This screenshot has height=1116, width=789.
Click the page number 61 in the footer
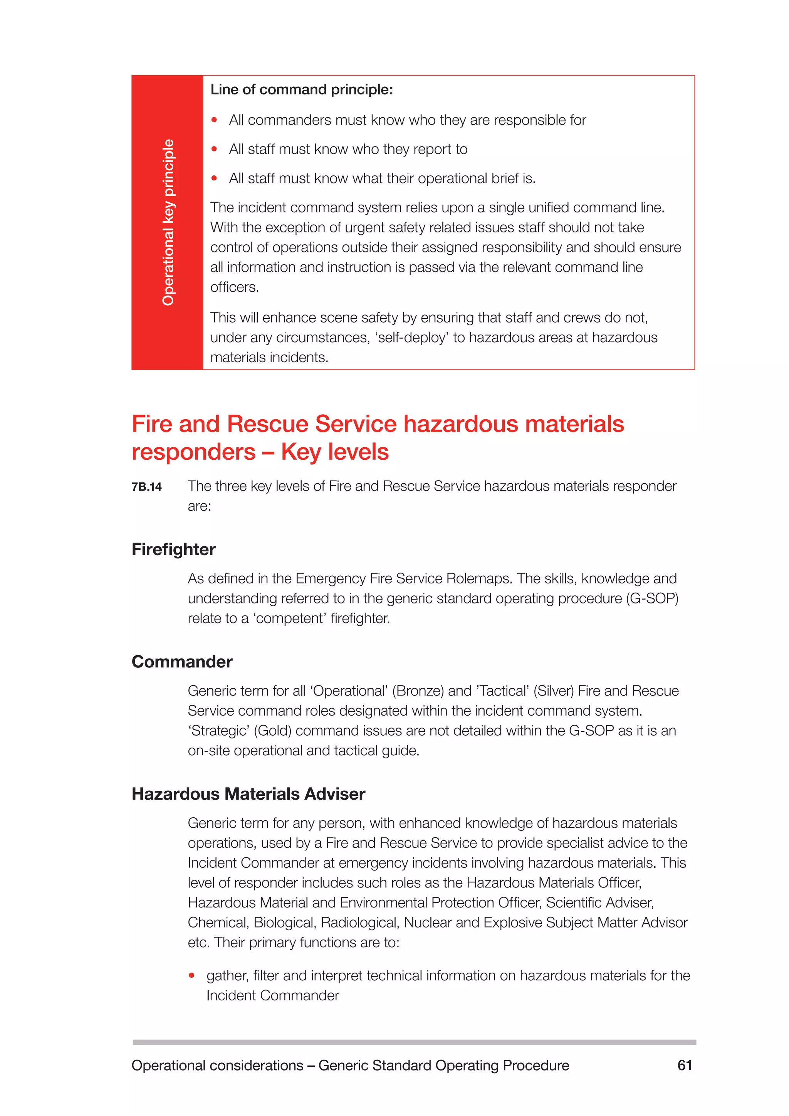coord(684,1065)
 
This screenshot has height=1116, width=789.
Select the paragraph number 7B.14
coord(147,487)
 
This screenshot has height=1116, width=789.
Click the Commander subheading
coord(182,662)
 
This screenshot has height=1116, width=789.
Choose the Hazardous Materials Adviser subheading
coord(248,794)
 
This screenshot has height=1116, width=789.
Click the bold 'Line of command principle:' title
coord(302,89)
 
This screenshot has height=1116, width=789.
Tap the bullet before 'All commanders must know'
coord(214,120)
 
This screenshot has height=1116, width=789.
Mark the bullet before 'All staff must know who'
coord(214,149)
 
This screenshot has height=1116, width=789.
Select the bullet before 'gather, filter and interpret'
coord(192,975)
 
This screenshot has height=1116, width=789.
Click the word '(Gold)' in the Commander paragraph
coord(272,731)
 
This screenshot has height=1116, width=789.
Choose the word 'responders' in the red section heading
coord(193,452)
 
